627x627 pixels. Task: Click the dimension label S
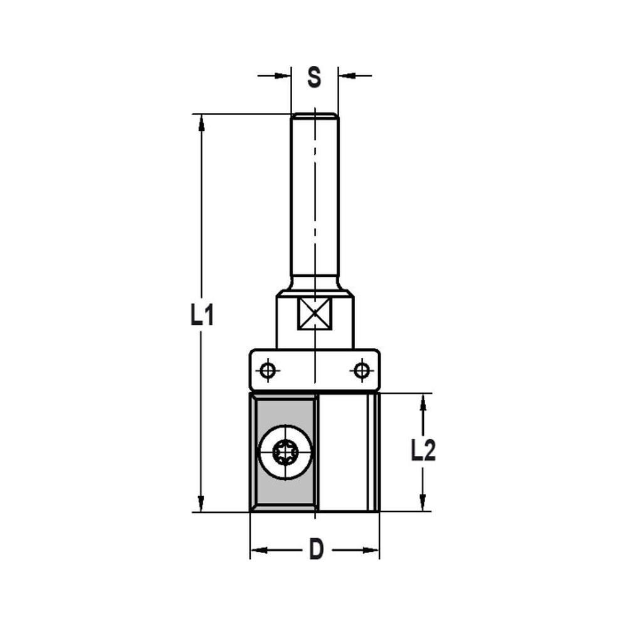coord(314,78)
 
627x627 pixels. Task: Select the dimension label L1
coord(203,316)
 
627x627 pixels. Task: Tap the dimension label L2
coord(423,450)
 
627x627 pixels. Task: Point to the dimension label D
coord(316,550)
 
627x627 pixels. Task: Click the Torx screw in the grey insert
coord(285,451)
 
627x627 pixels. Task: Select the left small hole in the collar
coord(268,371)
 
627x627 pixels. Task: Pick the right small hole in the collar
coord(361,371)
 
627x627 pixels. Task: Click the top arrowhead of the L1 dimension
coord(201,123)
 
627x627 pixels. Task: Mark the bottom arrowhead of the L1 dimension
coord(201,503)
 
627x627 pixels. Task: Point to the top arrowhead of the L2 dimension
coord(423,403)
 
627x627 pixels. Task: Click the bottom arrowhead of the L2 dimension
coord(423,502)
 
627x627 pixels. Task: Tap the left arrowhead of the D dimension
coord(259,551)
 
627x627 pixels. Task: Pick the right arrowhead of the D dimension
coord(371,551)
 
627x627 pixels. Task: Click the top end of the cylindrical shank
coord(315,116)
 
